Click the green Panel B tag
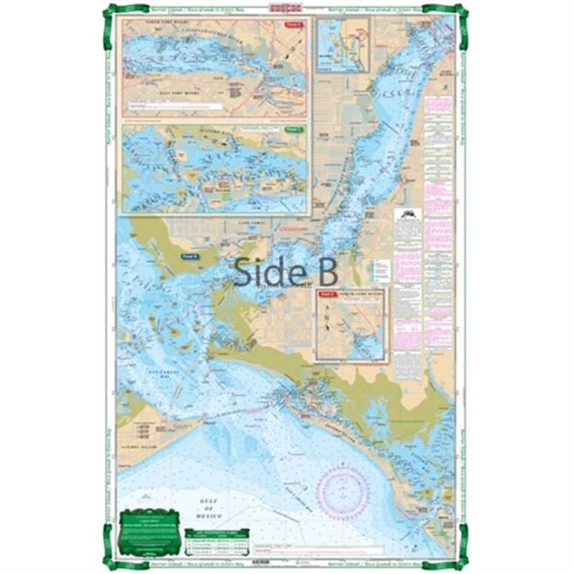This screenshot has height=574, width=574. [x=191, y=255]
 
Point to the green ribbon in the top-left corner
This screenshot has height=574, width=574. [x=111, y=13]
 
